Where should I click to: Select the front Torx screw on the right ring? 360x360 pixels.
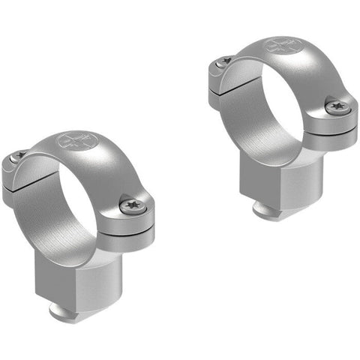pyautogui.click(x=337, y=107)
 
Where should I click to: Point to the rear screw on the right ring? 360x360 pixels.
pyautogui.click(x=224, y=61)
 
